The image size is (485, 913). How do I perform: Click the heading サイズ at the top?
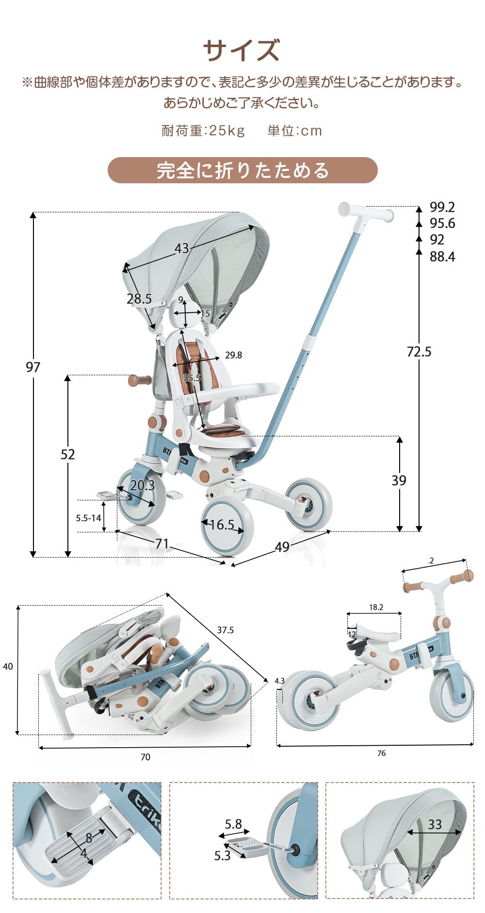[x=241, y=50]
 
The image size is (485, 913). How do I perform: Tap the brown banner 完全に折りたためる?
[x=242, y=170]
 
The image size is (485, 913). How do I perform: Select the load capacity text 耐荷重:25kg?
[x=203, y=130]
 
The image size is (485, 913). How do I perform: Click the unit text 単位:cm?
[x=294, y=130]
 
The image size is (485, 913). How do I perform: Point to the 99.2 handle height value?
[x=442, y=207]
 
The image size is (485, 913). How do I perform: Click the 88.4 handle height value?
[x=442, y=256]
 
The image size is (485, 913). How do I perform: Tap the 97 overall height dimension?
[x=33, y=367]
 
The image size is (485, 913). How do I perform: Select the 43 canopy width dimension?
[x=182, y=248]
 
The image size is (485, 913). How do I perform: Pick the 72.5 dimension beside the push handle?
[x=419, y=352]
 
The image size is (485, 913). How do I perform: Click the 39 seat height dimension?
[x=399, y=480]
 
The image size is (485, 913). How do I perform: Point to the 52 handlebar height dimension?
[x=68, y=454]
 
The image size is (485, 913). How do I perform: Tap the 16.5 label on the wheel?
[x=222, y=525]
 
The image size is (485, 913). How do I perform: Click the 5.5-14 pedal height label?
[x=88, y=518]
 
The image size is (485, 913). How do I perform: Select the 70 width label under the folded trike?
[x=145, y=757]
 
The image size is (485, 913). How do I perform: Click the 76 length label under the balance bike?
[x=381, y=753]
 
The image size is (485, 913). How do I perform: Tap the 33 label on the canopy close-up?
[x=435, y=824]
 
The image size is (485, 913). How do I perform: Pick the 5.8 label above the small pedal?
[x=233, y=824]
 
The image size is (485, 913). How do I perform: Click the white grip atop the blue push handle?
[x=365, y=212]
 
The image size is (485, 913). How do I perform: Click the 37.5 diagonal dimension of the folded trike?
[x=225, y=630]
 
